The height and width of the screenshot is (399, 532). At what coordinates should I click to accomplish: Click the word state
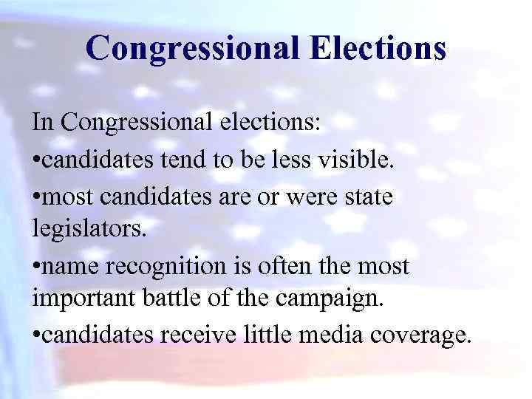[x=367, y=199]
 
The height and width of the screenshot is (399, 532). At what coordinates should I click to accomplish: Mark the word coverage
[x=424, y=336]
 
